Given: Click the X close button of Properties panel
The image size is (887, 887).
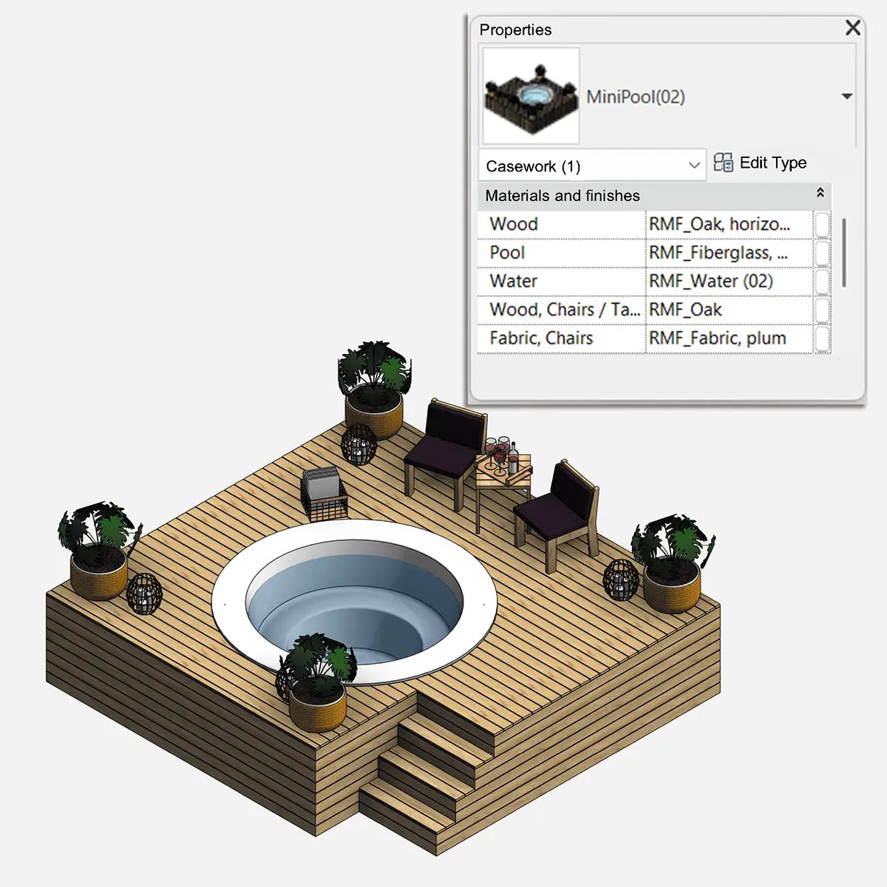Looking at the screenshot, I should tap(852, 28).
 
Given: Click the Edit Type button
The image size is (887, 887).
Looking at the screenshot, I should tap(761, 163).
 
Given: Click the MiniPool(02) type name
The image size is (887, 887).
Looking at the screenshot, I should tap(636, 97).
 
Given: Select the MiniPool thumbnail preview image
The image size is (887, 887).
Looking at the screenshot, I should tap(531, 96).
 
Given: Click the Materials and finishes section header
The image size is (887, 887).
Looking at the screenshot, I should tap(563, 196).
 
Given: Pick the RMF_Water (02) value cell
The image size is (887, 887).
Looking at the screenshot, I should tap(728, 281).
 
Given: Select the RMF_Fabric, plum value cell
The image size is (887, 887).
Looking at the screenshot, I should tap(728, 339).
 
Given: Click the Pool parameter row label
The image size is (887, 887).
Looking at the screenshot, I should tap(507, 253).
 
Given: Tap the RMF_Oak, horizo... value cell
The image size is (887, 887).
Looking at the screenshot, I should tap(728, 224).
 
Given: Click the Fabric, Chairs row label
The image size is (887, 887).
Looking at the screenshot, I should tap(541, 339).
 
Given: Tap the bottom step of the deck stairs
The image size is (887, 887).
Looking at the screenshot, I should tap(407, 820).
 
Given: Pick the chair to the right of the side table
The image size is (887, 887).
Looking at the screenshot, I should tap(560, 510).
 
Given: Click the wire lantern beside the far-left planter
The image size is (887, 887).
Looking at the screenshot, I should tap(143, 594).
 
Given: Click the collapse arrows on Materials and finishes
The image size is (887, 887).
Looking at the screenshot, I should tap(820, 193).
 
